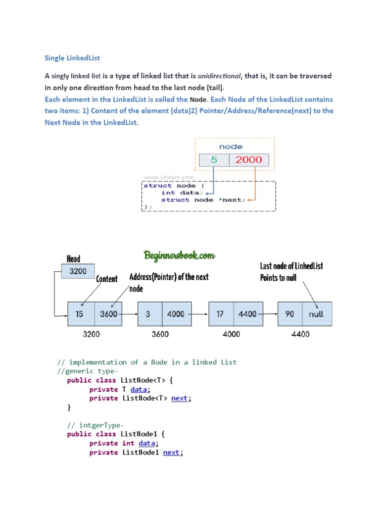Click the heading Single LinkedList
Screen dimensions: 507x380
point(72,58)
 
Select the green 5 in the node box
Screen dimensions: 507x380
point(214,160)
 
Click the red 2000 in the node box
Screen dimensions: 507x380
point(249,160)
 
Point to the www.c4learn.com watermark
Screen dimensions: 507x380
point(169,177)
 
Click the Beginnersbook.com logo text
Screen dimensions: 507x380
point(180,255)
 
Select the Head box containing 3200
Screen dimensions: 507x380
point(77,271)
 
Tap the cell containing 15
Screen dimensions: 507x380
point(80,314)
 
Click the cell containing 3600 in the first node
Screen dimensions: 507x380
point(108,314)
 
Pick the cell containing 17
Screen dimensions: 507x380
point(221,314)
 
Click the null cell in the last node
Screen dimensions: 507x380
point(316,314)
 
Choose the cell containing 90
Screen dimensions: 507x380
point(290,314)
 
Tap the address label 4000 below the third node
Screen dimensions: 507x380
point(231,334)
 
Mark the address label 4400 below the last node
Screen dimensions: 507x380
point(300,334)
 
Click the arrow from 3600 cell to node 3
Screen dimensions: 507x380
point(130,314)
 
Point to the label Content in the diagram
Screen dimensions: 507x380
point(107,279)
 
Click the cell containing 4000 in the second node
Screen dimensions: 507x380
point(176,314)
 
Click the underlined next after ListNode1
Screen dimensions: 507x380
point(171,452)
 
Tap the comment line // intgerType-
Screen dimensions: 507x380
point(95,425)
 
